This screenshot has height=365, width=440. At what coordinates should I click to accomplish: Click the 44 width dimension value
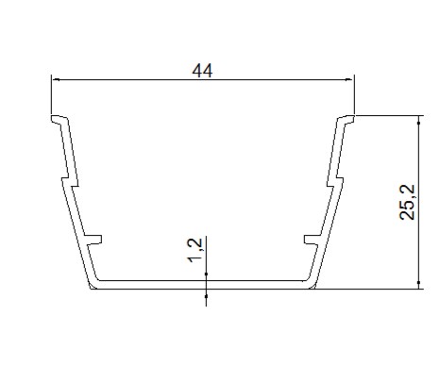point(202,71)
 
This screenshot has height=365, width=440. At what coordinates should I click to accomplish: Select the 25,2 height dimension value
point(407,202)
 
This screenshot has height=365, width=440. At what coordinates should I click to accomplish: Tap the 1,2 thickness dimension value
point(195,250)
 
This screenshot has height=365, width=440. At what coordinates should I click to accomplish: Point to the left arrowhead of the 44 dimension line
point(56,79)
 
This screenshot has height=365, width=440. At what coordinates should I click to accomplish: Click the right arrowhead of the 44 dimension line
point(349,79)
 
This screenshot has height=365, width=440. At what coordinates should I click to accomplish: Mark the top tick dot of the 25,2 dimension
point(418,123)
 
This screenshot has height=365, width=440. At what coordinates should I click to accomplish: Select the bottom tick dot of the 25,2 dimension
point(418,283)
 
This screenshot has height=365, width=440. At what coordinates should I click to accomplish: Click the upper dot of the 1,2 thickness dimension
point(206,274)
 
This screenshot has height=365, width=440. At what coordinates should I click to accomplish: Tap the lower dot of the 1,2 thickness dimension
point(206,296)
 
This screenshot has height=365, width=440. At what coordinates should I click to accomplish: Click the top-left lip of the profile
point(59,119)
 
